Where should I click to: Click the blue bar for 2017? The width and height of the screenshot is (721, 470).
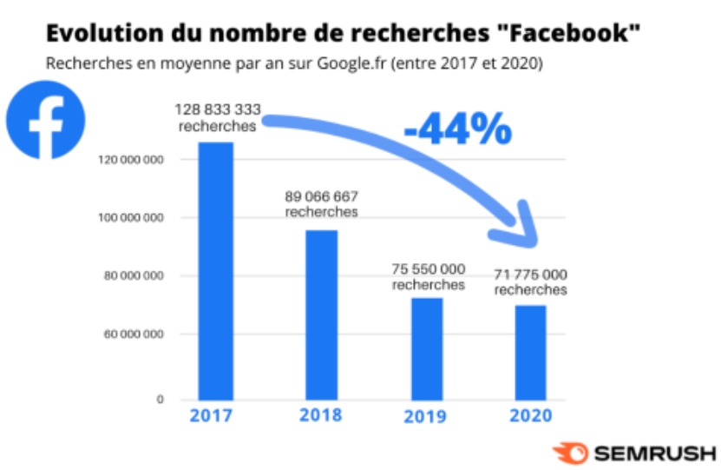(x=216, y=270)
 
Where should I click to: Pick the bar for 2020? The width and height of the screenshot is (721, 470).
(x=530, y=352)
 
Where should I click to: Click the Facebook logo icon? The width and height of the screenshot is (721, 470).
(x=46, y=120)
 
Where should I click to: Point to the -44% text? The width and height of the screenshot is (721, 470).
(x=457, y=129)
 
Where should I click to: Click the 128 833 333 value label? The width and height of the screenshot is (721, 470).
(x=218, y=110)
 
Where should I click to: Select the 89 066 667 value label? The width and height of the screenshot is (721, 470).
(x=321, y=196)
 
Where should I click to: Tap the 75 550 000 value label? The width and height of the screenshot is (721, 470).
(x=428, y=268)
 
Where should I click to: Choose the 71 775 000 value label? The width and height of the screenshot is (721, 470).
(x=531, y=274)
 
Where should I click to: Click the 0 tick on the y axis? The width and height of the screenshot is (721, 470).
(x=161, y=400)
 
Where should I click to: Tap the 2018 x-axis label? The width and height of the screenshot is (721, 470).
(x=320, y=415)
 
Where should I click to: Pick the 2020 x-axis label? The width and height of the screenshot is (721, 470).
(x=530, y=416)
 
